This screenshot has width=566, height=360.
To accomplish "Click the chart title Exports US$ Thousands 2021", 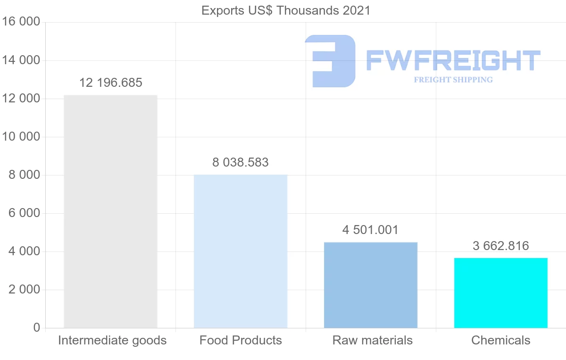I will (286, 10).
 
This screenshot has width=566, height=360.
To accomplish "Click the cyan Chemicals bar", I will (501, 293).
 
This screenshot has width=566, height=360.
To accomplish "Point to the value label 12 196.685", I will (110, 83).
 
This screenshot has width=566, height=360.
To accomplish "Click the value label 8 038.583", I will (241, 163).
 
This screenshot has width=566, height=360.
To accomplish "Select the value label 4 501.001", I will (371, 230).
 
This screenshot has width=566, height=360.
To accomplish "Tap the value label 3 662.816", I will (501, 246).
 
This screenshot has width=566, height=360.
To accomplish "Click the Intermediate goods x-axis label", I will (112, 340).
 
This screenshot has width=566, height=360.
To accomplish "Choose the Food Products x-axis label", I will (241, 340).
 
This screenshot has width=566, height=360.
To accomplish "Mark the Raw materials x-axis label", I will (373, 340).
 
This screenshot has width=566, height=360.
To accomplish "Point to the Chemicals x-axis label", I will (501, 340).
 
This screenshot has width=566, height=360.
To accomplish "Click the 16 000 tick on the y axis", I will (21, 22).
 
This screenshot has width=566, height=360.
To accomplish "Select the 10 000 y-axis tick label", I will (21, 137).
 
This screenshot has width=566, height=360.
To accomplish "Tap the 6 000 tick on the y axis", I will (24, 213).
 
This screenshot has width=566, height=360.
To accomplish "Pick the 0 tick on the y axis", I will (37, 328).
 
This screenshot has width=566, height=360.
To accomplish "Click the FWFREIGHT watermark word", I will (453, 60).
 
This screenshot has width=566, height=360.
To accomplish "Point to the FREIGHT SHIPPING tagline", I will (453, 80).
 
